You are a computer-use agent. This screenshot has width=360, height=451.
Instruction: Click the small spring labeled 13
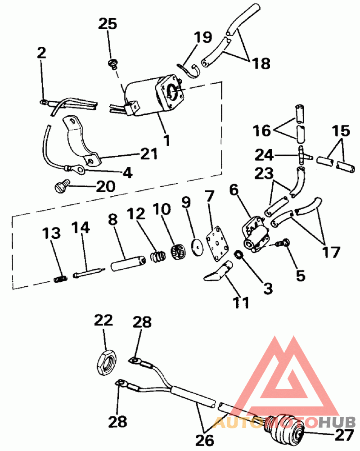click(61, 280)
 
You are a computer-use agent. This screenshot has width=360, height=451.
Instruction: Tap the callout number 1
click(166, 140)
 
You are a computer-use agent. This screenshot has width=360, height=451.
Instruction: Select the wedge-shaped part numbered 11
click(217, 273)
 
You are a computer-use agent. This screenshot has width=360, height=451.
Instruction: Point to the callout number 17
click(331, 252)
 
